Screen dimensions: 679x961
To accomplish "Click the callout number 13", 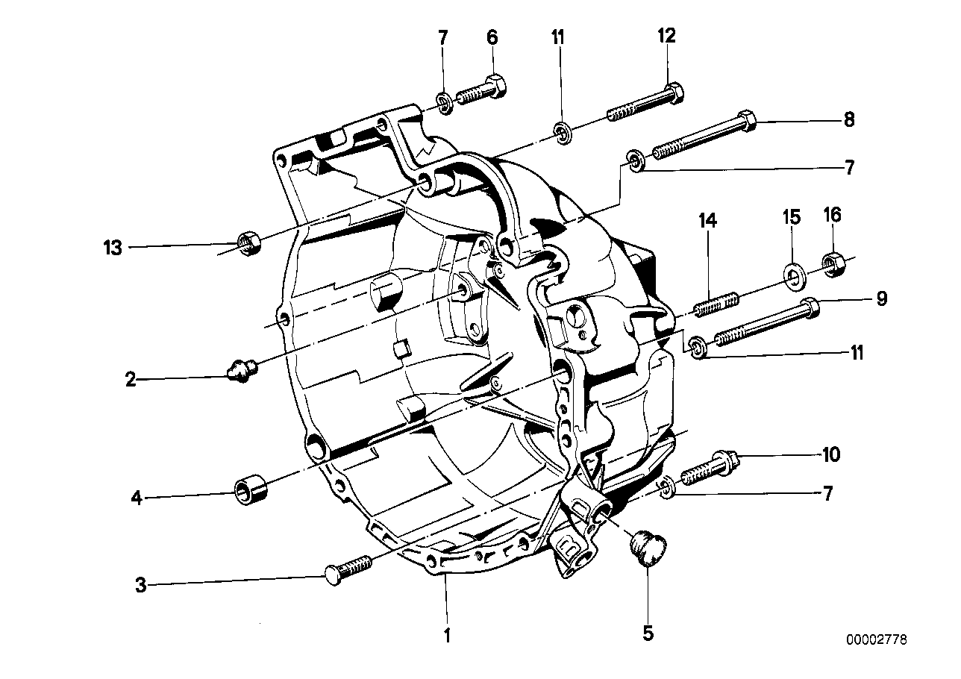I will (112, 248).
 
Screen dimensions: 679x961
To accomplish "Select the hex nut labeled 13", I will (247, 242).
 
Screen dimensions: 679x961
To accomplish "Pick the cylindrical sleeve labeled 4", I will (251, 490).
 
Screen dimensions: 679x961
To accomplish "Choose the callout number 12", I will (666, 35).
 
